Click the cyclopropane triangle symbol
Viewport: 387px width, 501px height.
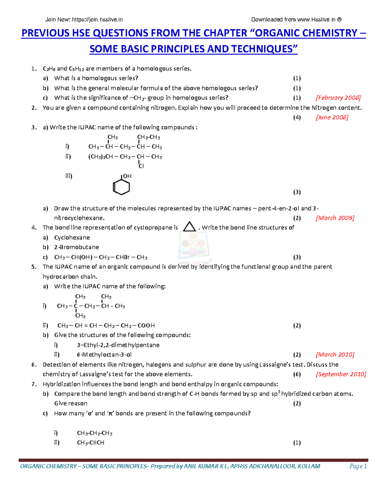pos(189,227)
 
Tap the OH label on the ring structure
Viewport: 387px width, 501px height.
pos(127,176)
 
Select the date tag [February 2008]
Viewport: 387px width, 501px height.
pos(338,98)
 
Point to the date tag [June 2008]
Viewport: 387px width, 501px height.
pos(332,117)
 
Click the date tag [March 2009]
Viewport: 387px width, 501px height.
pos(335,218)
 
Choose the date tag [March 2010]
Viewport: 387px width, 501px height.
pos(335,355)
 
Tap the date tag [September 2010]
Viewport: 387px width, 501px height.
pos(341,374)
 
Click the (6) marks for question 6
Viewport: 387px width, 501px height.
pos(297,374)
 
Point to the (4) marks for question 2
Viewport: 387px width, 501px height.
pos(297,117)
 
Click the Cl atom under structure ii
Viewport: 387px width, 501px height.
pos(141,166)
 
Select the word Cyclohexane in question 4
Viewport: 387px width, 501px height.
pos(72,238)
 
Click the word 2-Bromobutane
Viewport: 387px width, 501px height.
pos(76,247)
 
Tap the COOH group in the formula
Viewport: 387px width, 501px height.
pos(146,326)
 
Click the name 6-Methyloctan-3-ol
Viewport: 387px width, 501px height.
pos(104,355)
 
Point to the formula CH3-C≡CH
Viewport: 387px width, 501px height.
pos(91,443)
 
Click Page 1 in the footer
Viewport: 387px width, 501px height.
pos(358,466)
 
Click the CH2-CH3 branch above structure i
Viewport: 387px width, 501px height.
pos(148,137)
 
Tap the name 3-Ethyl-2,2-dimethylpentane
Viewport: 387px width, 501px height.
pos(118,345)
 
